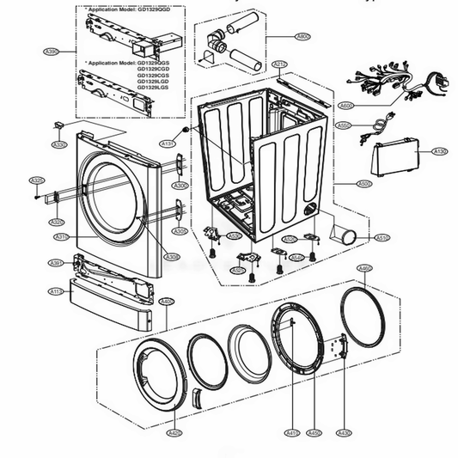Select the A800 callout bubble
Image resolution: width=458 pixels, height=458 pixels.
coord(302,37)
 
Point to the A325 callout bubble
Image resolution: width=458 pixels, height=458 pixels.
coord(37,180)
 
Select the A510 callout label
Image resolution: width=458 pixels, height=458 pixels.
coord(382,238)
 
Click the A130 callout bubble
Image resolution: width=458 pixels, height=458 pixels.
coord(440,151)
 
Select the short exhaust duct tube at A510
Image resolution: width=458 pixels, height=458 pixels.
coord(349,235)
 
